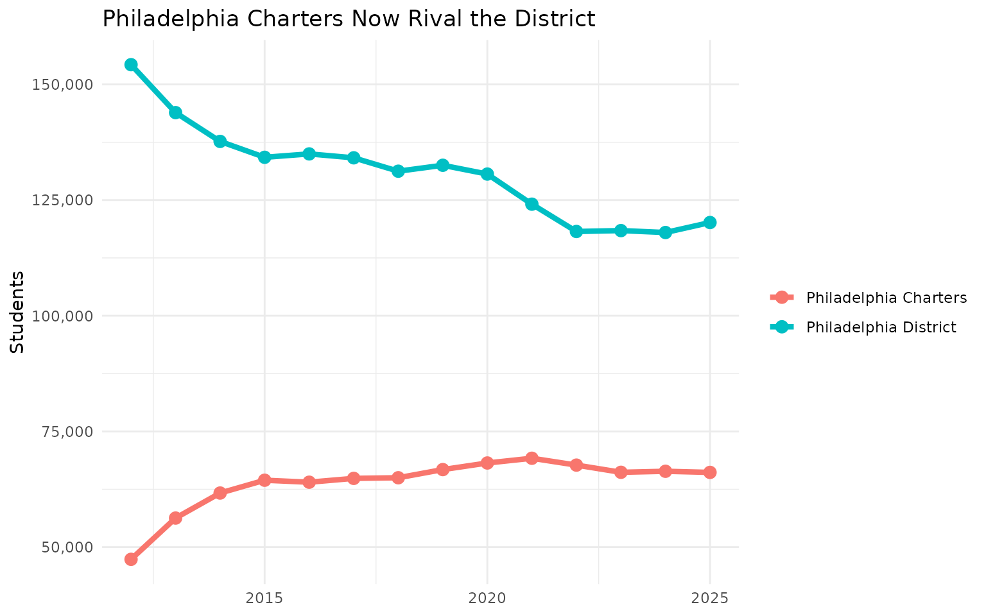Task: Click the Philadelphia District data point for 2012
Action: click(131, 65)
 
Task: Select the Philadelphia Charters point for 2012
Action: click(131, 559)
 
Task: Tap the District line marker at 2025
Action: click(709, 223)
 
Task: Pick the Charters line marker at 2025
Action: click(709, 472)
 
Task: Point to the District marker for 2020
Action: click(487, 174)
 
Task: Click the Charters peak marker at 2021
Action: click(532, 458)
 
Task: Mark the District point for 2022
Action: click(576, 232)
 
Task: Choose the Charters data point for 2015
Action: click(264, 480)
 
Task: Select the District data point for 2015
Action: click(264, 157)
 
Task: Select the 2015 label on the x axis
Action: click(264, 599)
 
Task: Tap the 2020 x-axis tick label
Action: click(487, 599)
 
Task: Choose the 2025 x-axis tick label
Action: click(709, 599)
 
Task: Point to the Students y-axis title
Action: click(18, 312)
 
